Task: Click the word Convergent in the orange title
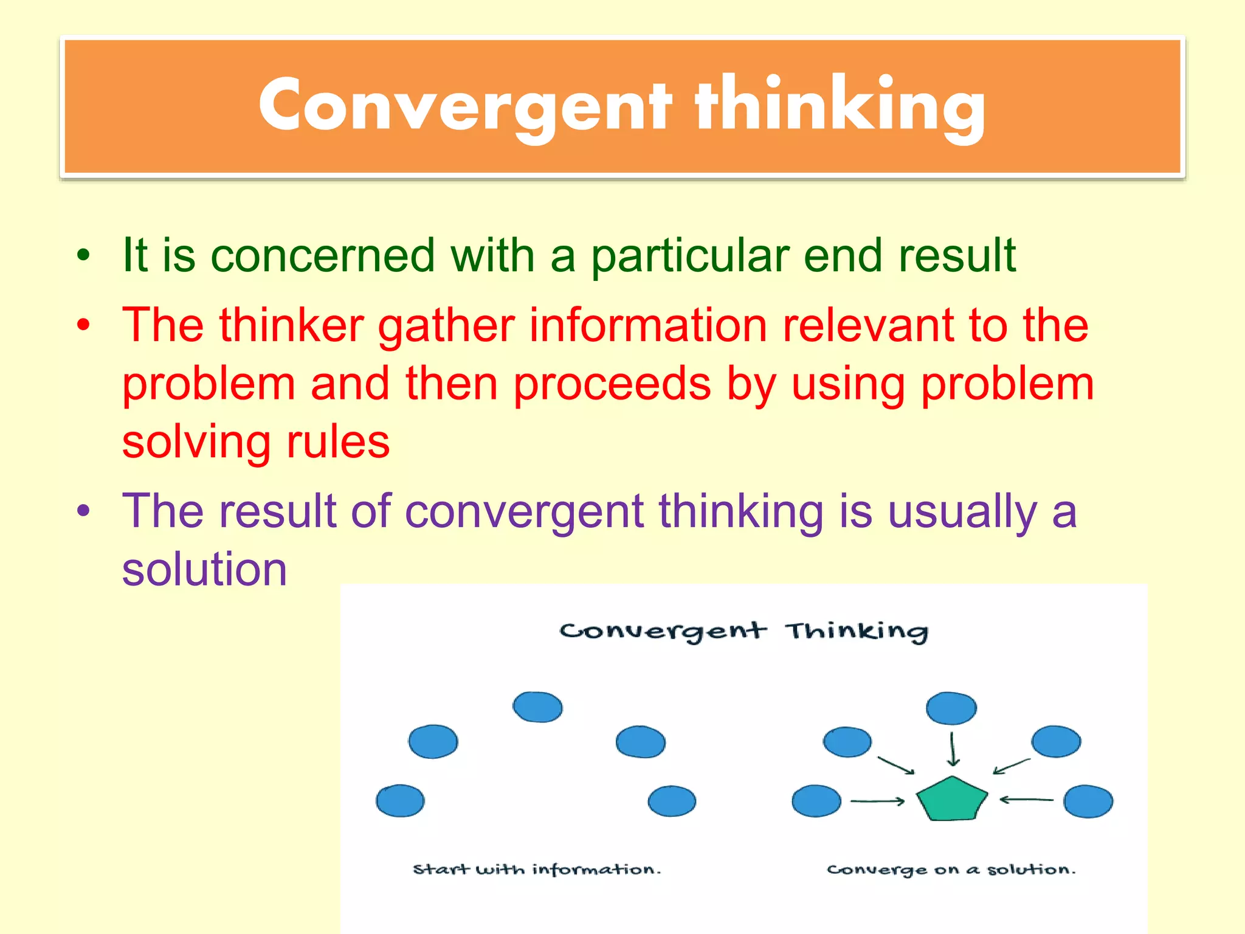click(x=465, y=105)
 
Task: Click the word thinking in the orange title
click(x=840, y=105)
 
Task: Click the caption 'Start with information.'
click(x=537, y=870)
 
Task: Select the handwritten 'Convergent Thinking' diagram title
click(x=743, y=631)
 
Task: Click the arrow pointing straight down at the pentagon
click(x=953, y=749)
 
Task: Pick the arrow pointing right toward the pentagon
click(x=877, y=801)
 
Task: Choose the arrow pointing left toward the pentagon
click(x=1027, y=800)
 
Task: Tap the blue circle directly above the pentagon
click(x=951, y=708)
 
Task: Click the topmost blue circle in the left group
click(x=537, y=707)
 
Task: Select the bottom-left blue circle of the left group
click(x=400, y=801)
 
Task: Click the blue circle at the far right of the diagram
click(x=1088, y=801)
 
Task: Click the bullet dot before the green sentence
click(x=83, y=255)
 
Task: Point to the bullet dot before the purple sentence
click(x=83, y=511)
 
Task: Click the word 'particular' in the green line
click(x=689, y=255)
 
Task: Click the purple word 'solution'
click(x=204, y=569)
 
